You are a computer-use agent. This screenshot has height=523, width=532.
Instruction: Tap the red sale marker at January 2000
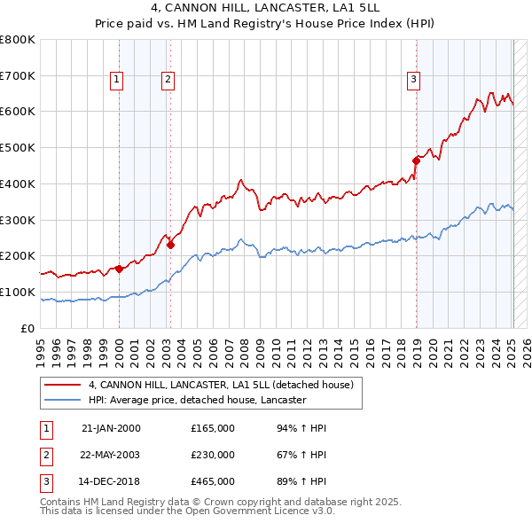(118, 269)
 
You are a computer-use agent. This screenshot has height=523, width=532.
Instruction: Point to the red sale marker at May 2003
(170, 245)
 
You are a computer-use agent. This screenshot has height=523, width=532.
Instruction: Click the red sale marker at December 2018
(416, 160)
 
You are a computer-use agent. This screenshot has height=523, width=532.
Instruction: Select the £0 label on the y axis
(27, 328)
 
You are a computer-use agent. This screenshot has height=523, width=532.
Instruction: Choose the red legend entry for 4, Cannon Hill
(221, 385)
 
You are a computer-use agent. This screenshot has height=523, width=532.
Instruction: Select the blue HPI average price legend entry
(197, 400)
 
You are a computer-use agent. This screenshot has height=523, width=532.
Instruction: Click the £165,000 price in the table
(213, 428)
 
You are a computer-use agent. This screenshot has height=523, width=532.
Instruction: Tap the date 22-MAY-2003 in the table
(111, 456)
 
